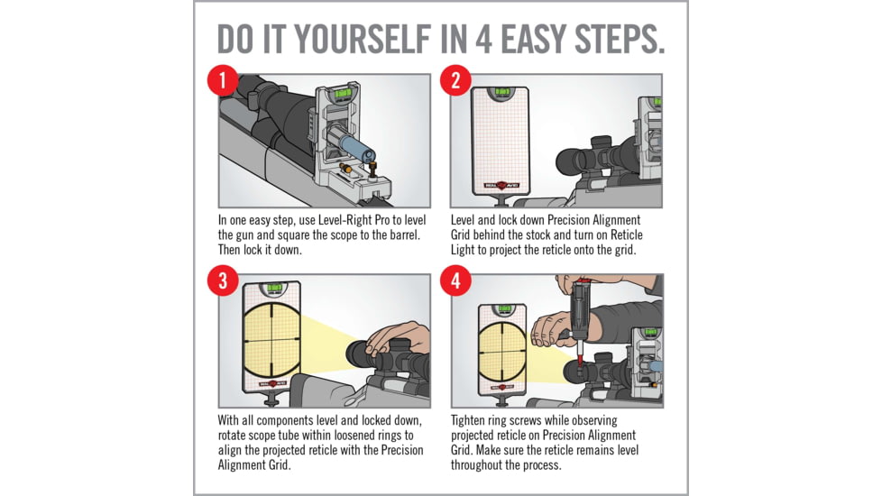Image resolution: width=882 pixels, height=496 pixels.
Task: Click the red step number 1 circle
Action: pos(223,80)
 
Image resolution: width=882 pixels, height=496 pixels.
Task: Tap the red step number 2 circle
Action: pos(455,80)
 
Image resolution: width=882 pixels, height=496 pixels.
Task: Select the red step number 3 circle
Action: pos(223,280)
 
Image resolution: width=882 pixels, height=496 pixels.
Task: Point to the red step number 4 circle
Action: pos(455,280)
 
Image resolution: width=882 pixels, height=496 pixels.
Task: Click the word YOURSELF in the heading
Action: pos(363,39)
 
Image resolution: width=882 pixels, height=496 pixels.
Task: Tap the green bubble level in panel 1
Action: pos(343,92)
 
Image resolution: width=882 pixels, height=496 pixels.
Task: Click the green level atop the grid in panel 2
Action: pos(501,92)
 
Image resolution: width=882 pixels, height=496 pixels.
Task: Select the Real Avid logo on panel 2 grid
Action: pos(501,185)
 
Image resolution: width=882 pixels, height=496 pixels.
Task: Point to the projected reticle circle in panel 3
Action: pos(272,341)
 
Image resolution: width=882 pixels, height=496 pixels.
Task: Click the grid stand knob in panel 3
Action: pos(272,400)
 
